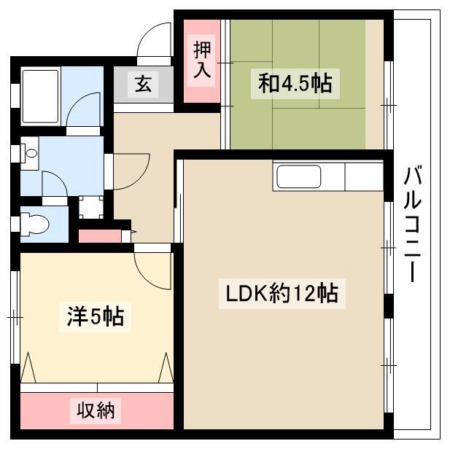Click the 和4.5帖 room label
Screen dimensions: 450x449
295,84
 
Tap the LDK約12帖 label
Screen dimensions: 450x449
282,294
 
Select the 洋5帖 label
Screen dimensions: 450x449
96,317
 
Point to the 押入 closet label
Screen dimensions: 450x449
202,60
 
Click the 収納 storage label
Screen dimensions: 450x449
96,411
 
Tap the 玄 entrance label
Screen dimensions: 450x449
143,84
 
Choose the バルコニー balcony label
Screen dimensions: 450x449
412,224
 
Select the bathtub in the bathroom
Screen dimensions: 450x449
40,96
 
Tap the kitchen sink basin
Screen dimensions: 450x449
298,176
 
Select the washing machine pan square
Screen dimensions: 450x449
90,207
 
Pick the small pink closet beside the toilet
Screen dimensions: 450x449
100,236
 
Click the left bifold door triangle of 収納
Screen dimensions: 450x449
28,368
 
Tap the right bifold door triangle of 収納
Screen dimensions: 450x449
166,368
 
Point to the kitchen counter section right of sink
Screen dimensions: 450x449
364,176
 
